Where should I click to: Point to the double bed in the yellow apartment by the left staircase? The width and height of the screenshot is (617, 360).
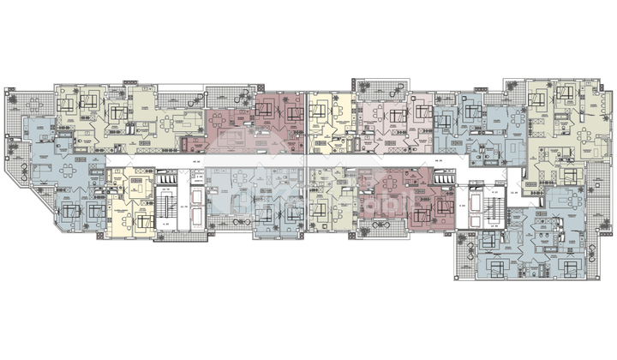tap(137, 220)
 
